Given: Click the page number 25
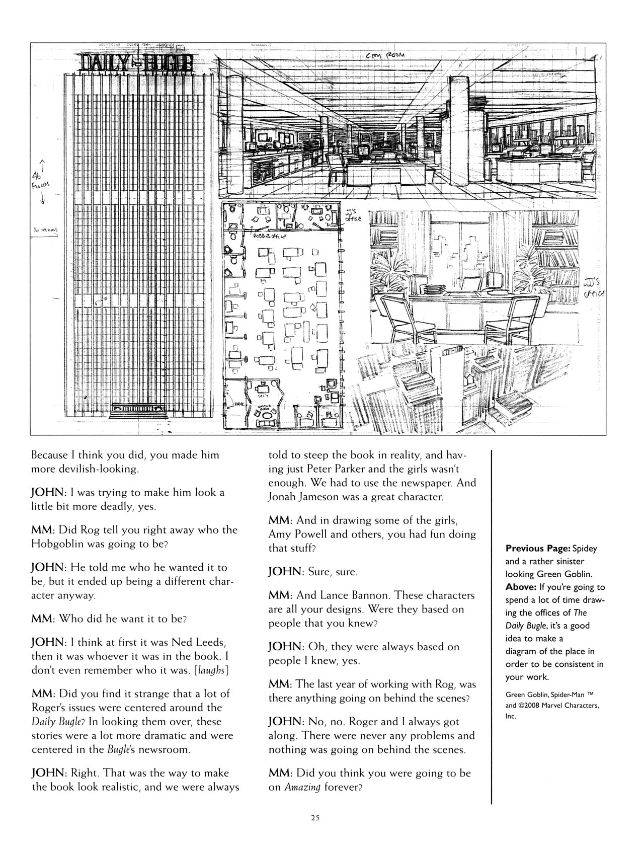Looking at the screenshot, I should click(x=315, y=817).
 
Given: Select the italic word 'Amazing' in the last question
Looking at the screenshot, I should click(x=302, y=788).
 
